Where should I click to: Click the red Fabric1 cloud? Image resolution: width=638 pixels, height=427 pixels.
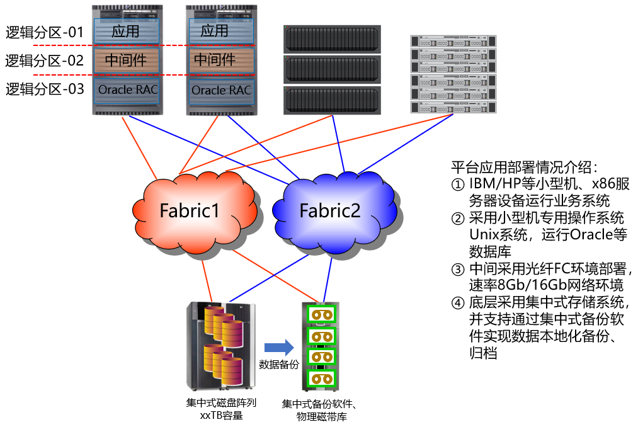(189, 210)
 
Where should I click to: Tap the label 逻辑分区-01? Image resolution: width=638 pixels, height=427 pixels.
(45, 32)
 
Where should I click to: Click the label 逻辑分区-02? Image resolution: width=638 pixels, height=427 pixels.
(45, 60)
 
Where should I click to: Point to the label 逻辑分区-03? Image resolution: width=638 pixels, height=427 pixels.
(45, 89)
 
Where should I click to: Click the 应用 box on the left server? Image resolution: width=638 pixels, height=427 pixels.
(126, 31)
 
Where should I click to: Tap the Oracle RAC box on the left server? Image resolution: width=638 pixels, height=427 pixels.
(127, 90)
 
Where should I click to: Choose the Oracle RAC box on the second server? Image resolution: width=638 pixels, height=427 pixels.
(221, 90)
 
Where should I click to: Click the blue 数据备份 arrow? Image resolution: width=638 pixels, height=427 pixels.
(279, 347)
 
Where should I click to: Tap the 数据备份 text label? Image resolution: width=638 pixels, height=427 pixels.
(279, 365)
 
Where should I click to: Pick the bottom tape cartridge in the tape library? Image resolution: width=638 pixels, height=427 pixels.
(320, 379)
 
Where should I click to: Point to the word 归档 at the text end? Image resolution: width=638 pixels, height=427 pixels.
(483, 353)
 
